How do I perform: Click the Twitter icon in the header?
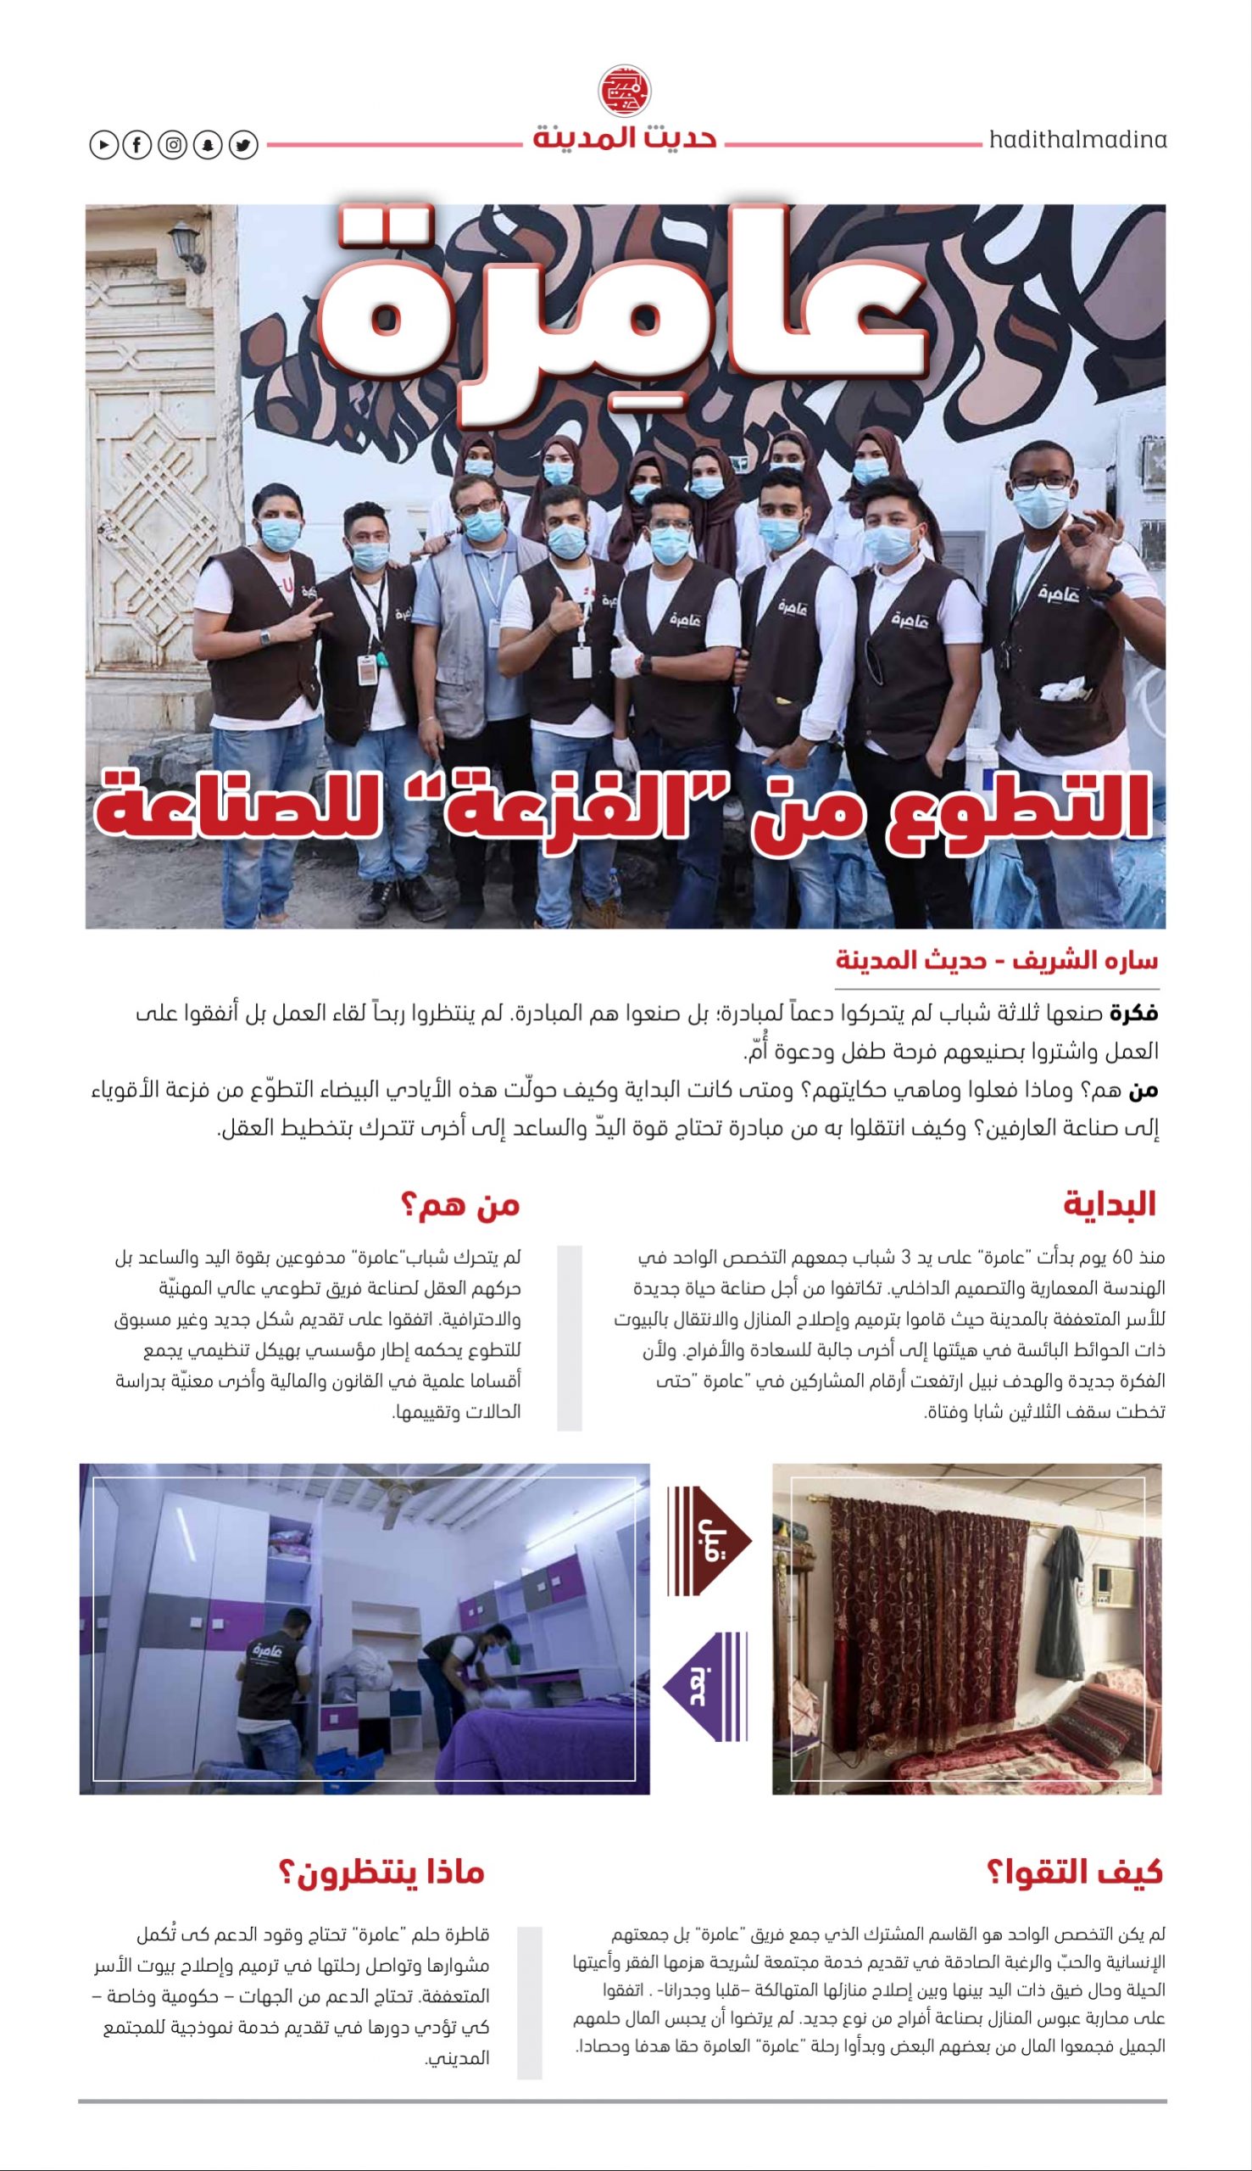click(243, 145)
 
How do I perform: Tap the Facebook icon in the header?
click(136, 145)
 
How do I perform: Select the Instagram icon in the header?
click(173, 145)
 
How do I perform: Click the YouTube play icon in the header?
click(103, 145)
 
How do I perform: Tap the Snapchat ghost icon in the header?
click(208, 145)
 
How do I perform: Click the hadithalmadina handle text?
click(1077, 140)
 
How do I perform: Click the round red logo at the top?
click(624, 90)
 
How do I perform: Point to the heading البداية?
click(1109, 1205)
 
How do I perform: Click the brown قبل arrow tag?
click(707, 1541)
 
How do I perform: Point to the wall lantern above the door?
click(186, 243)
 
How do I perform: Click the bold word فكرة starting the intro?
click(1133, 1014)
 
